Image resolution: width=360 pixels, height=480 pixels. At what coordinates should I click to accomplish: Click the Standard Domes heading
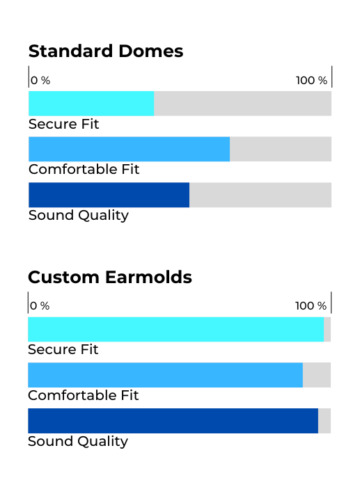[105, 51]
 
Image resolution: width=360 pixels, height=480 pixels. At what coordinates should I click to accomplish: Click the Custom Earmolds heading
[109, 277]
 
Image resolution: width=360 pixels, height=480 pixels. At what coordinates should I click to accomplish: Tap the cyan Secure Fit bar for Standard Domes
[91, 104]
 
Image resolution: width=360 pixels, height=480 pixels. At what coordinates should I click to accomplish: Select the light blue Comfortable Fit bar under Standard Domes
[129, 150]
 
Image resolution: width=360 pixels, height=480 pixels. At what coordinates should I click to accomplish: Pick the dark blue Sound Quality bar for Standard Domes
[109, 195]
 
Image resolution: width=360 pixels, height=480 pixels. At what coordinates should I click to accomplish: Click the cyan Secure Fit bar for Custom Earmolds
[175, 329]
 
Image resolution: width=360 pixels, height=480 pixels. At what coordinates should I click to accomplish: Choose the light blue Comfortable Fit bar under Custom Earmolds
[165, 375]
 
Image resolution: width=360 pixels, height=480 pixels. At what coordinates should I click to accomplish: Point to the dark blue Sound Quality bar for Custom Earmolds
[173, 421]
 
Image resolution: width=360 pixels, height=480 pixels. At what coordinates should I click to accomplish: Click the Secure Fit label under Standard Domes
[63, 125]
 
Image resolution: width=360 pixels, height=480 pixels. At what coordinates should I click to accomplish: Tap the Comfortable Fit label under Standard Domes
[84, 169]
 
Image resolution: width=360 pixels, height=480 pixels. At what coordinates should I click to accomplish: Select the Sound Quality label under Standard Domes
[78, 215]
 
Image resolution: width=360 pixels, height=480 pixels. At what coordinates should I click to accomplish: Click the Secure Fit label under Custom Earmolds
[63, 350]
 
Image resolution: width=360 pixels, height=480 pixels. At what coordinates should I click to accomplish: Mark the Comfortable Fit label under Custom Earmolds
[83, 395]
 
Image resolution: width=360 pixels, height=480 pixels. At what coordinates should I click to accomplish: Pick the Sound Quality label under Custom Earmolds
[77, 441]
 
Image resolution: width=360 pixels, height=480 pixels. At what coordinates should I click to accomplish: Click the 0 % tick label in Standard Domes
[40, 81]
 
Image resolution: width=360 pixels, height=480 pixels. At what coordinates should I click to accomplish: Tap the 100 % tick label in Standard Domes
[311, 81]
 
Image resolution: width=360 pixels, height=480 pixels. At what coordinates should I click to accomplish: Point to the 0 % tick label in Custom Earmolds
[40, 306]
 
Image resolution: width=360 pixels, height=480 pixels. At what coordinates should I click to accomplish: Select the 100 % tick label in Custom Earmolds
[311, 306]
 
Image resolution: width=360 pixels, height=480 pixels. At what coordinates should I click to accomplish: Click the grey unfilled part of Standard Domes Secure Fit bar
[242, 104]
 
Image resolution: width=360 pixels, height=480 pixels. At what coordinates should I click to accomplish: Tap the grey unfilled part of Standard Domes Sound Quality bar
[260, 195]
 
